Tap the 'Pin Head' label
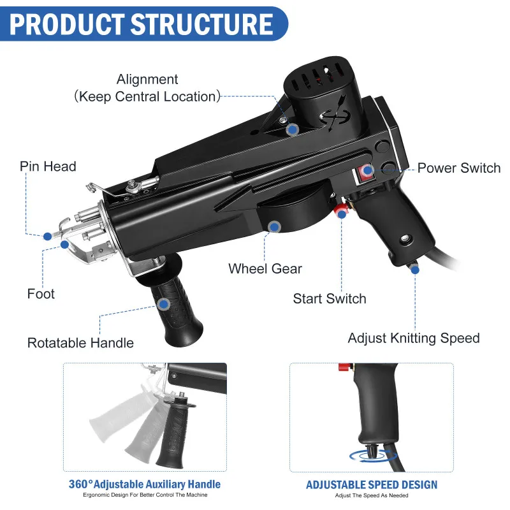[x=48, y=167]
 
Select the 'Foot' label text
[x=41, y=294]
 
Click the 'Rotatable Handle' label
[x=80, y=343]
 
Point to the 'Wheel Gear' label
[x=265, y=268]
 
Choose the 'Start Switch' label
[x=330, y=298]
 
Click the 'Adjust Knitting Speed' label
[x=414, y=338]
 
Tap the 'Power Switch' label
[x=459, y=168]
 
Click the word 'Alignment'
[x=147, y=80]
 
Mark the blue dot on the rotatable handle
[x=164, y=305]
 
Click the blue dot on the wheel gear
[x=275, y=226]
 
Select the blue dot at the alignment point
[x=293, y=129]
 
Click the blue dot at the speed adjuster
[x=415, y=270]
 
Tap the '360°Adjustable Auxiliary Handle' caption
[x=145, y=484]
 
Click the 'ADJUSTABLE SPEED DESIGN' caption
[x=372, y=484]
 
